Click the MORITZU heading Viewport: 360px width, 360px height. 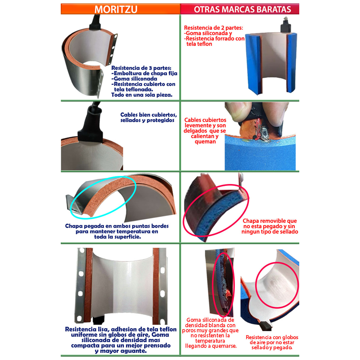point(116,9)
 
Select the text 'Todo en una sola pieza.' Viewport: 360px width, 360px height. point(142,95)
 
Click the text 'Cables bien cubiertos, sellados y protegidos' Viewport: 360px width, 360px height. point(148,117)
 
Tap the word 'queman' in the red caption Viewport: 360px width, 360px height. point(205,142)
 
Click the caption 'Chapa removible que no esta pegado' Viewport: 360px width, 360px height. point(270,223)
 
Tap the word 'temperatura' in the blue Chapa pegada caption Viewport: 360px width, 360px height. point(131,231)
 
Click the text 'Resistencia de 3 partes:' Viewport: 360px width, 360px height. point(141,68)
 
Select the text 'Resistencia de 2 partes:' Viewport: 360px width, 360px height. point(213,28)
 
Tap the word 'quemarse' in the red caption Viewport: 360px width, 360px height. point(225,346)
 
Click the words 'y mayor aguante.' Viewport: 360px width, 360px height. point(121,351)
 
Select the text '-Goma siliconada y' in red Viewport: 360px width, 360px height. point(208,33)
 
